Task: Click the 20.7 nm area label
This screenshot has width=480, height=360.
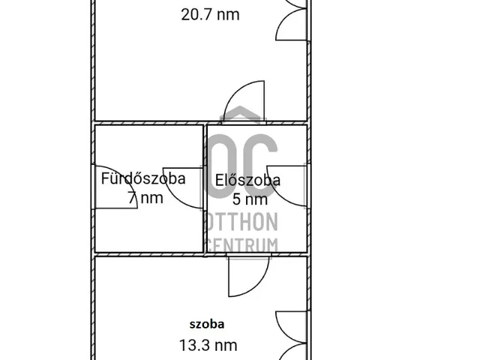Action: pyautogui.click(x=210, y=13)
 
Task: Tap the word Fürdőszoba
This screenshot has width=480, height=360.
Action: pyautogui.click(x=142, y=178)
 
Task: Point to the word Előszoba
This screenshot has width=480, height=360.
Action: pyautogui.click(x=247, y=180)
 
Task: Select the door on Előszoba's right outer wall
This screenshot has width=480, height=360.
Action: pyautogui.click(x=289, y=184)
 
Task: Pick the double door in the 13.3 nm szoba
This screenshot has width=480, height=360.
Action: pyautogui.click(x=291, y=334)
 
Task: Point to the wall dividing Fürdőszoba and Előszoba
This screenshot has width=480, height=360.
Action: pyautogui.click(x=205, y=187)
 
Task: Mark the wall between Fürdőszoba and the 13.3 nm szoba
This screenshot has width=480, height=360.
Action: pyautogui.click(x=150, y=254)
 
